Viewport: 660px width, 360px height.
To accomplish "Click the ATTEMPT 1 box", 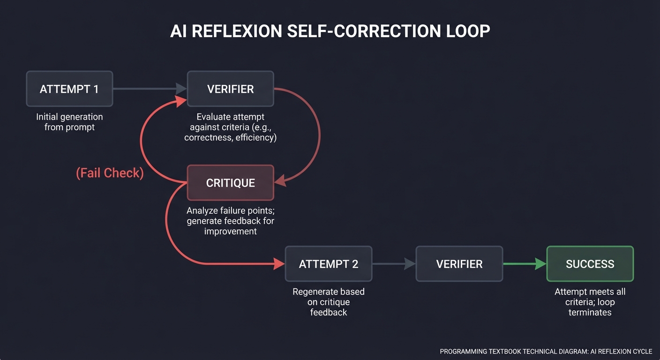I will tap(69, 89).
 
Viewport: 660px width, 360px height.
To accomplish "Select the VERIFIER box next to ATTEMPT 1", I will tap(230, 89).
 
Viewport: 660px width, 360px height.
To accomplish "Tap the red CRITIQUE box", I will tap(230, 183).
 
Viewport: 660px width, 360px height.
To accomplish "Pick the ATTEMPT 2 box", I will tap(328, 264).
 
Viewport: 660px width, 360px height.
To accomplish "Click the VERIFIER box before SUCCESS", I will tap(459, 264).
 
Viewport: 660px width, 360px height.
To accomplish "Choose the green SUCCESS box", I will tap(590, 264).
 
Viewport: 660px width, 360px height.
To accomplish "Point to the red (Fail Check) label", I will tap(110, 173).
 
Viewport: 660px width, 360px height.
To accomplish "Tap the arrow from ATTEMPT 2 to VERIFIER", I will tap(394, 264).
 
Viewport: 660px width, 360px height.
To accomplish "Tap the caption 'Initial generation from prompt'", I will tap(69, 122).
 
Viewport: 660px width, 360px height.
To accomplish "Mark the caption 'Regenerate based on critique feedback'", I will tap(328, 302).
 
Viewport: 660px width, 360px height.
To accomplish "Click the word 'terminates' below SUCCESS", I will tap(590, 312).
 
